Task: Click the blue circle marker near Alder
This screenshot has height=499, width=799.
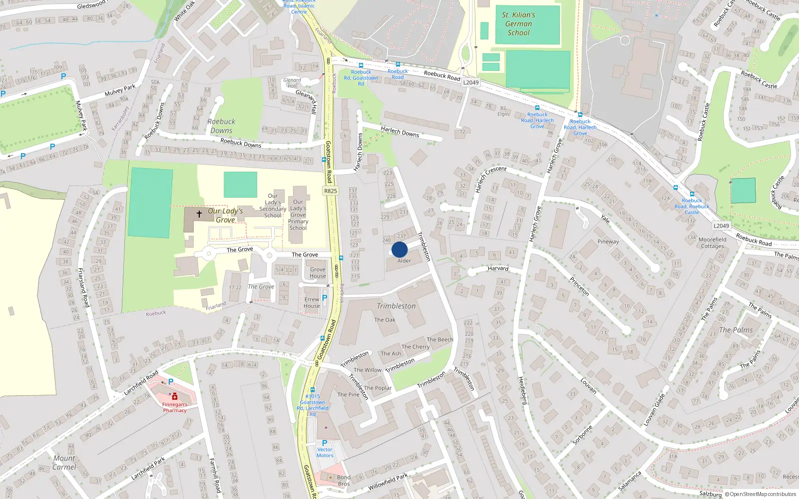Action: [399, 249]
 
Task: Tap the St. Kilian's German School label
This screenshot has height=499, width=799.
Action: [519, 24]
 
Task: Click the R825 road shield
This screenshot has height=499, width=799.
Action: [330, 191]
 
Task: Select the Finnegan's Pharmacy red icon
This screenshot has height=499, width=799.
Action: [174, 396]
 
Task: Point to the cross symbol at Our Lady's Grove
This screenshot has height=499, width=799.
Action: [199, 214]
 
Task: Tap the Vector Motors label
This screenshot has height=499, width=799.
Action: [325, 452]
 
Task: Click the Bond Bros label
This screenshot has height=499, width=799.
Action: [344, 481]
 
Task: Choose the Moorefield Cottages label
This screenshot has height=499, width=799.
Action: [712, 243]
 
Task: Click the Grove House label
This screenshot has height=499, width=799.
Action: [318, 273]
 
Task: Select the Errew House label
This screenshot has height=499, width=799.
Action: [312, 303]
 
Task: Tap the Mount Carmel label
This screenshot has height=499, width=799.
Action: [64, 463]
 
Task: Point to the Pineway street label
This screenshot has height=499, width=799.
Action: [608, 242]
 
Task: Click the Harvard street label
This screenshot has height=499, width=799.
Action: [498, 268]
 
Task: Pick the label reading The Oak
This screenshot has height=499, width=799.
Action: [385, 320]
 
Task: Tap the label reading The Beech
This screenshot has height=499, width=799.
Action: [440, 339]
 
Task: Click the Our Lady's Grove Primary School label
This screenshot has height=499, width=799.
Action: [298, 215]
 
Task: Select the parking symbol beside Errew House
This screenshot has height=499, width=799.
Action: [325, 298]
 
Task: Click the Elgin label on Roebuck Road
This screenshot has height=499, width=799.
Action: [503, 114]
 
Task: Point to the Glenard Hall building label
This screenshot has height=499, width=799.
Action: [292, 83]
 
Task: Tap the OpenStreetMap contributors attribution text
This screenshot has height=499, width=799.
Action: [763, 494]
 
